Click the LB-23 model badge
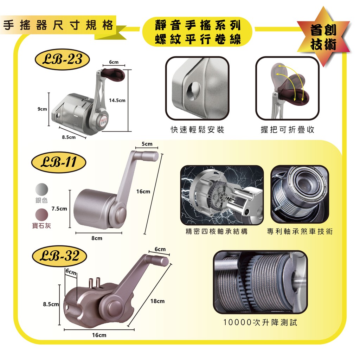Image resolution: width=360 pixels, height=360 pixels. pyautogui.click(x=62, y=59)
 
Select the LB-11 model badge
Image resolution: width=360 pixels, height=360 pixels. pyautogui.click(x=59, y=162)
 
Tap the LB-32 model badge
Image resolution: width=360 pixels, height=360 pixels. pyautogui.click(x=59, y=256)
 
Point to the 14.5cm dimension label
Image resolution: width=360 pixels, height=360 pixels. pyautogui.click(x=117, y=100)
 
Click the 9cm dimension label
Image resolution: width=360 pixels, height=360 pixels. pyautogui.click(x=42, y=109)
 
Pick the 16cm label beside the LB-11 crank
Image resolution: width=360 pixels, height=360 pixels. pyautogui.click(x=143, y=192)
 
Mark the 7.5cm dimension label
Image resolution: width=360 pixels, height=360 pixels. pyautogui.click(x=59, y=209)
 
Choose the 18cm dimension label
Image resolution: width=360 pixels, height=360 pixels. pyautogui.click(x=157, y=301)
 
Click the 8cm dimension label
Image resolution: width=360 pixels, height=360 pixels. pyautogui.click(x=97, y=238)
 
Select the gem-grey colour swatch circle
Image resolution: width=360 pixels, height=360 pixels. pyautogui.click(x=42, y=215)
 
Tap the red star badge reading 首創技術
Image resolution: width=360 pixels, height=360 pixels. pyautogui.click(x=323, y=37)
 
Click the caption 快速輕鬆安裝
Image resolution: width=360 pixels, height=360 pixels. pyautogui.click(x=198, y=130)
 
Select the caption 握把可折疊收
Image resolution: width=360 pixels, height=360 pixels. pyautogui.click(x=288, y=130)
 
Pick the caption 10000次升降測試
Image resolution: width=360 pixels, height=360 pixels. pyautogui.click(x=261, y=322)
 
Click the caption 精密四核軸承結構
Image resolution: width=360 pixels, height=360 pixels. pyautogui.click(x=217, y=231)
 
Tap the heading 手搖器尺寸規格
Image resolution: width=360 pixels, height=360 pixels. pyautogui.click(x=58, y=25)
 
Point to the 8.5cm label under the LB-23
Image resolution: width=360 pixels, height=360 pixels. pyautogui.click(x=69, y=137)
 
